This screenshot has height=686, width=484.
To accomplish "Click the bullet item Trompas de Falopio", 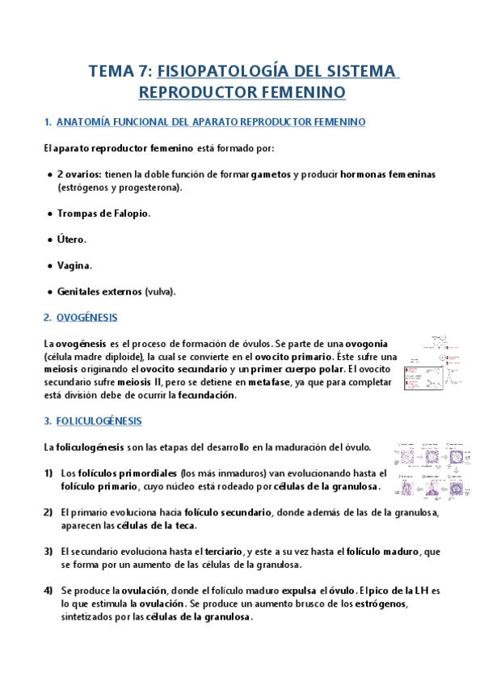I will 103,214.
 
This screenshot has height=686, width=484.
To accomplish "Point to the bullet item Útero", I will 71,239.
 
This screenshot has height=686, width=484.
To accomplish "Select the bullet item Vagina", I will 74,265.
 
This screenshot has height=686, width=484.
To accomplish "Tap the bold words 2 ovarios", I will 79,174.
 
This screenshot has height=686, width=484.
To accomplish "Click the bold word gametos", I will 271,174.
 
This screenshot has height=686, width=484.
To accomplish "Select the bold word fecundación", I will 205,396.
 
